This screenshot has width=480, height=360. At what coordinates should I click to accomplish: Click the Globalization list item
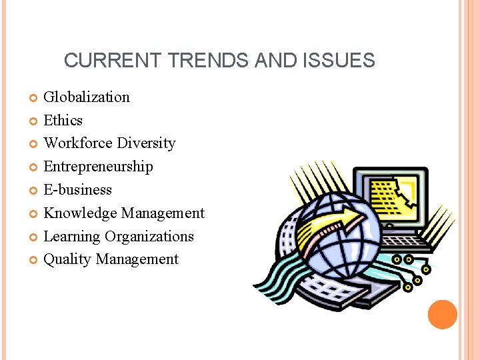tap(87, 97)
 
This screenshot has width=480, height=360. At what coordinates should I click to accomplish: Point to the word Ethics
tap(63, 121)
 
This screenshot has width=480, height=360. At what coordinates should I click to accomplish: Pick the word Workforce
tap(78, 143)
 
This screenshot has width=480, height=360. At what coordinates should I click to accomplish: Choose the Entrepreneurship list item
tap(98, 167)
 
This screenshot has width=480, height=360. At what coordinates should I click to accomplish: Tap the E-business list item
tap(77, 190)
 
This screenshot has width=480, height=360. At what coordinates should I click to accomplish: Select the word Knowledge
tap(80, 213)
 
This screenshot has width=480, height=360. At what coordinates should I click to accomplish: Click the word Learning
tap(72, 237)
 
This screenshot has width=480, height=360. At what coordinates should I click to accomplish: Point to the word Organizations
tap(149, 237)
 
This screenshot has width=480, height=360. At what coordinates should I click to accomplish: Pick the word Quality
tap(67, 259)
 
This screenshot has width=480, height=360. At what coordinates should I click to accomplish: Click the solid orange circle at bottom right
tap(443, 315)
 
